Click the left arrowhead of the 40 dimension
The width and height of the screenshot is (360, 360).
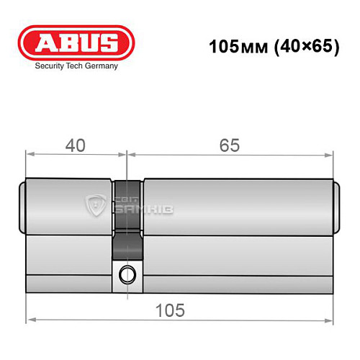pyautogui.click(x=31, y=153)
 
